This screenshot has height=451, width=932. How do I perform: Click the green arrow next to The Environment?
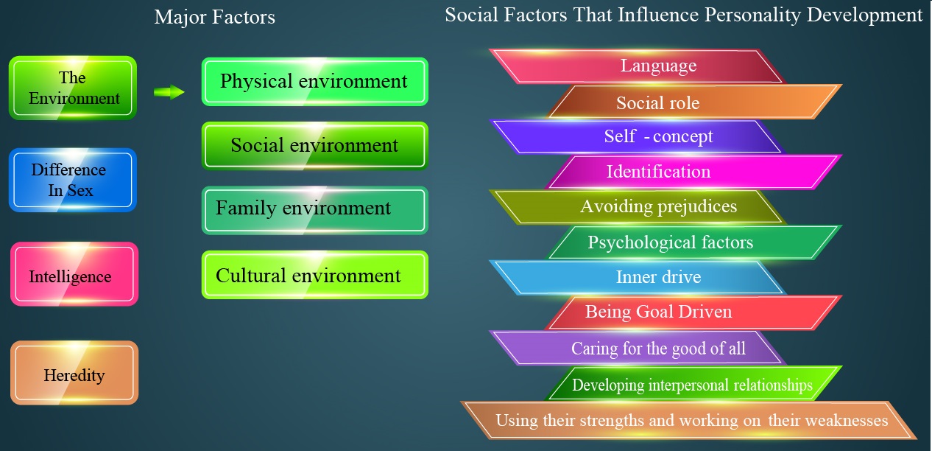169,92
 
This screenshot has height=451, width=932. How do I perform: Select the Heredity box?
74,373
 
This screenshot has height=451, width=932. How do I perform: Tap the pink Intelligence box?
74,274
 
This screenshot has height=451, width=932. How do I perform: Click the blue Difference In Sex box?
73,180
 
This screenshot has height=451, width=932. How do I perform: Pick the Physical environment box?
315,82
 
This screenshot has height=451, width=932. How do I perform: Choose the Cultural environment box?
315,275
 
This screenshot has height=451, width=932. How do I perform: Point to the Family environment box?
315,210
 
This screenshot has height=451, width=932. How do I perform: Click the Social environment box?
315,146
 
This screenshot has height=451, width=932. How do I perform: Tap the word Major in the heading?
180,18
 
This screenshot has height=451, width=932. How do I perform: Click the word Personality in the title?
752,15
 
